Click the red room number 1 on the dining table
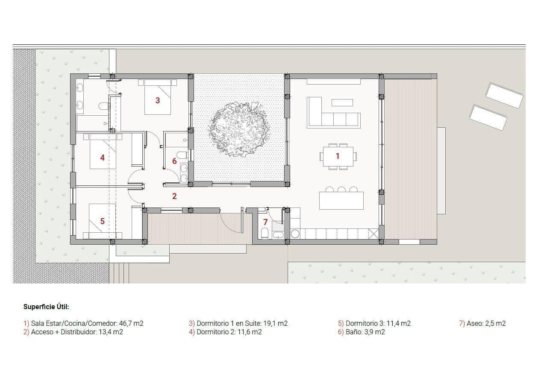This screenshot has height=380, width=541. (x=337, y=156)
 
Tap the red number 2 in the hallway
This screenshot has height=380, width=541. (x=174, y=196)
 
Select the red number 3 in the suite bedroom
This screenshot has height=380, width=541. (x=158, y=100)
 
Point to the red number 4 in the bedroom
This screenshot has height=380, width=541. (x=102, y=158)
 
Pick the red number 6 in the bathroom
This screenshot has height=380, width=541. (x=174, y=161)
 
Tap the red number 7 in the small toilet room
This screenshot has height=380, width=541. (x=265, y=222)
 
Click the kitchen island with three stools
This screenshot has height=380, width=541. (x=341, y=200)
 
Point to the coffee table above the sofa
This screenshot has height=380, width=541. (x=342, y=102)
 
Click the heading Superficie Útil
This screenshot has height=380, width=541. (x=46, y=307)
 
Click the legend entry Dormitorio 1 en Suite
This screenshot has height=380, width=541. (x=238, y=323)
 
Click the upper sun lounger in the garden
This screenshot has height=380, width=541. (x=504, y=96)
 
